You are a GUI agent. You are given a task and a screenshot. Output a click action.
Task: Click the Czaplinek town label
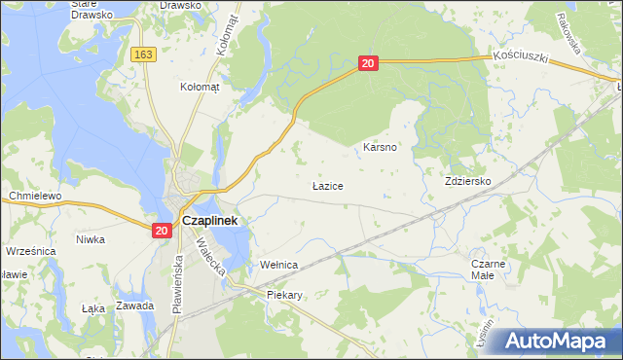click(x=212, y=221)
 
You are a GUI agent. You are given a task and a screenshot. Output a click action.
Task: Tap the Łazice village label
click(x=327, y=184)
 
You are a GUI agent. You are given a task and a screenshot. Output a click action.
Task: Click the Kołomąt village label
click(x=201, y=87)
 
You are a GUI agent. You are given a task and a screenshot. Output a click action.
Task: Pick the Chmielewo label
click(x=35, y=196)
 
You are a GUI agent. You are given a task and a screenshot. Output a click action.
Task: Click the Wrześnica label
click(x=31, y=250)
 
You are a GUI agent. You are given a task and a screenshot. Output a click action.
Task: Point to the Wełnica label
click(x=277, y=265)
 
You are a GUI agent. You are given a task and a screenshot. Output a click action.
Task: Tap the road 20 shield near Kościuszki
click(x=367, y=63)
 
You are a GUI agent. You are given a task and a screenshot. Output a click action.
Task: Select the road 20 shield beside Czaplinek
click(x=162, y=231)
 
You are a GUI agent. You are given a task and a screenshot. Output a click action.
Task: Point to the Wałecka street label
click(x=220, y=259)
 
